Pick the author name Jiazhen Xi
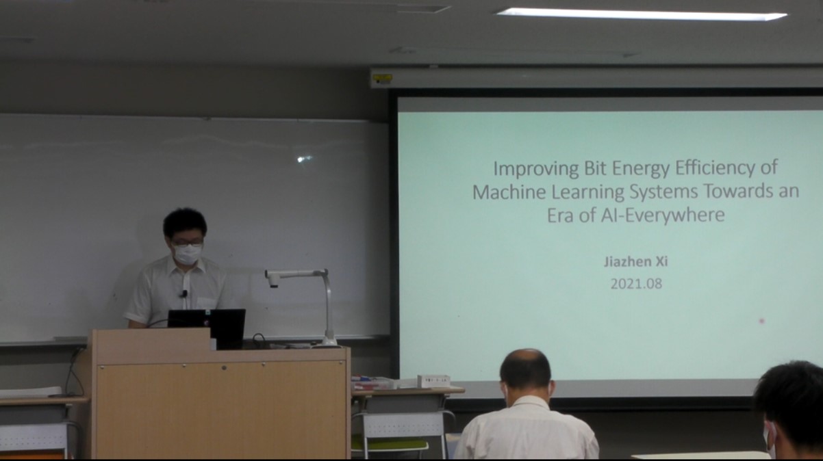[636, 262]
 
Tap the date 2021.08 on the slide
[636, 284]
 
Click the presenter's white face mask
[188, 254]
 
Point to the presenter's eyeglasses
[187, 242]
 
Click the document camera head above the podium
[273, 278]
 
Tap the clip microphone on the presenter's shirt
[184, 293]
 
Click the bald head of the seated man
[526, 368]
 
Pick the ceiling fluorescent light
[641, 14]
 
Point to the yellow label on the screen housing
[383, 77]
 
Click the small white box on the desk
[433, 381]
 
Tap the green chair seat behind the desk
[390, 444]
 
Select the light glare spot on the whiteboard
[304, 159]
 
